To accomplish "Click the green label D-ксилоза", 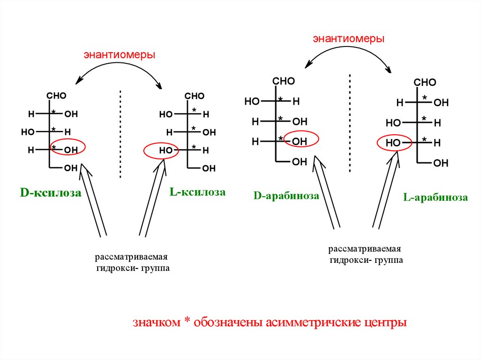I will point(50,193).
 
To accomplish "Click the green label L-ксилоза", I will point(197,192).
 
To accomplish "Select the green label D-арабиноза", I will point(287,196).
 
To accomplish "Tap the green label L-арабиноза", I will point(435,198).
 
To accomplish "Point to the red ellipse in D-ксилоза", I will point(68,148).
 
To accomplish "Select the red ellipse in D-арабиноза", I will point(302,139).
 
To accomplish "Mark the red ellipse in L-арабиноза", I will point(395,142).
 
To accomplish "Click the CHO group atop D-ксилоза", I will point(56,96).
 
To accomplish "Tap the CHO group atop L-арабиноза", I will point(425,83).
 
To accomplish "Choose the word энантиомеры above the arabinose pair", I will point(349,39).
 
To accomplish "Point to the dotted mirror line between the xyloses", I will point(121,134).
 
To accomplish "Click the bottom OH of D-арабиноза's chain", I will point(299,162).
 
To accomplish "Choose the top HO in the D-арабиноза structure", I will point(252,101).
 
